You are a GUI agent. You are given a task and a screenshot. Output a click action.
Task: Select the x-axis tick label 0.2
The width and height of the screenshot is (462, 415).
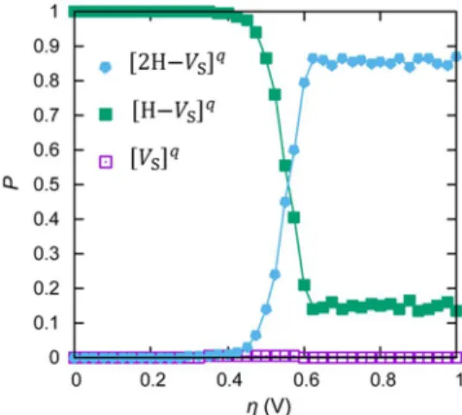[x=152, y=380]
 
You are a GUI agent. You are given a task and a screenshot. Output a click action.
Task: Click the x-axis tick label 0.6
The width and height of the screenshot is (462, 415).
[x=307, y=380]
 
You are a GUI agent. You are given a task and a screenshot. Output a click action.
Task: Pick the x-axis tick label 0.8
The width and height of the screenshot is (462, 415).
[x=383, y=380]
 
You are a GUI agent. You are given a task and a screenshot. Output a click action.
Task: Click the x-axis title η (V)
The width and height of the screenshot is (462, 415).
[x=269, y=406]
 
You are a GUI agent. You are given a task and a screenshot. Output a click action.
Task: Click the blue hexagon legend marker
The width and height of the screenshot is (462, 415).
[x=105, y=67]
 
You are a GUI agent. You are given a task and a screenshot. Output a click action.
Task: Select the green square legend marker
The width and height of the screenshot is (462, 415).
[x=105, y=114]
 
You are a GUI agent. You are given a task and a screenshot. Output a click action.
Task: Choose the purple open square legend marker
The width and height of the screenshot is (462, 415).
[x=105, y=163]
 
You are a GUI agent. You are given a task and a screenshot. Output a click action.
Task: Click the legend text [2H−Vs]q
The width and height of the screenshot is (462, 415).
[x=177, y=63]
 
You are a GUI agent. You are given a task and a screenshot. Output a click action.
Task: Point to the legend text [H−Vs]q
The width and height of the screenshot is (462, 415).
[x=174, y=111]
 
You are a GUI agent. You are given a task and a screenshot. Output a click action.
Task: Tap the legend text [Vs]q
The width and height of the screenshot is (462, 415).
[x=155, y=159]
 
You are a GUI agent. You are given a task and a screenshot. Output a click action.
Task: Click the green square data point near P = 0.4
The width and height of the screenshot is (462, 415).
[x=294, y=218]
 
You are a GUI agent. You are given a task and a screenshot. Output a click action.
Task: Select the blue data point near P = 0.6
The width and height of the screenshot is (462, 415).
[x=294, y=150]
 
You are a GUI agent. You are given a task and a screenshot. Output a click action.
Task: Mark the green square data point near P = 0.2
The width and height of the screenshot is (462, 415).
[x=304, y=285]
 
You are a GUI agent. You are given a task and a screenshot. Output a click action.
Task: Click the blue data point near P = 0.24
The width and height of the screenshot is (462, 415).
[x=275, y=275]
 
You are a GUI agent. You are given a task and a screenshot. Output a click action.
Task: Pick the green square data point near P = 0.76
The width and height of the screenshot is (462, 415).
[x=275, y=95]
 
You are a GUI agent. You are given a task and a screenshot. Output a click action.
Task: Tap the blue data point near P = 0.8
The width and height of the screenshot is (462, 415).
[x=304, y=83]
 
